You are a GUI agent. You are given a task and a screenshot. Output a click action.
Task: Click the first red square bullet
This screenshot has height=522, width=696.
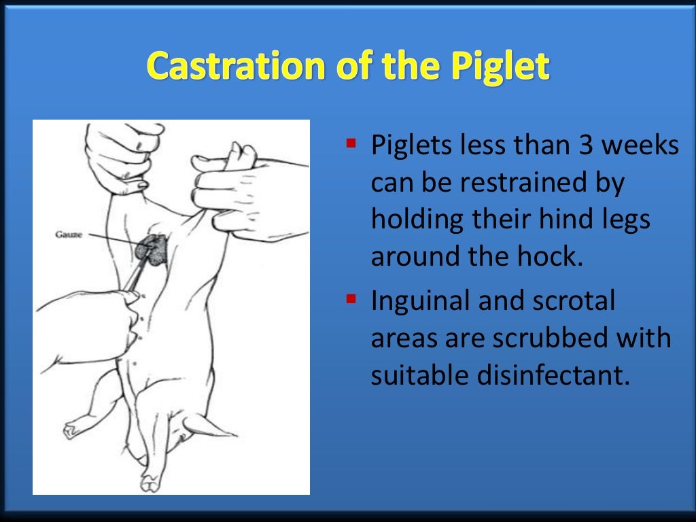coord(351,144)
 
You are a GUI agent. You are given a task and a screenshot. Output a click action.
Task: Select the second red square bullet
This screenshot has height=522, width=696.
coord(351,298)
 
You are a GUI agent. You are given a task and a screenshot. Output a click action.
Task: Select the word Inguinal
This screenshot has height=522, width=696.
coord(421,300)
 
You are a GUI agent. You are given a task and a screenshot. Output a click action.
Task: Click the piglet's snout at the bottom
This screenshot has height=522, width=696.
coord(150,481)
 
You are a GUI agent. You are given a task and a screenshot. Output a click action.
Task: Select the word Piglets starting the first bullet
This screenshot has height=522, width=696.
coord(409,145)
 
